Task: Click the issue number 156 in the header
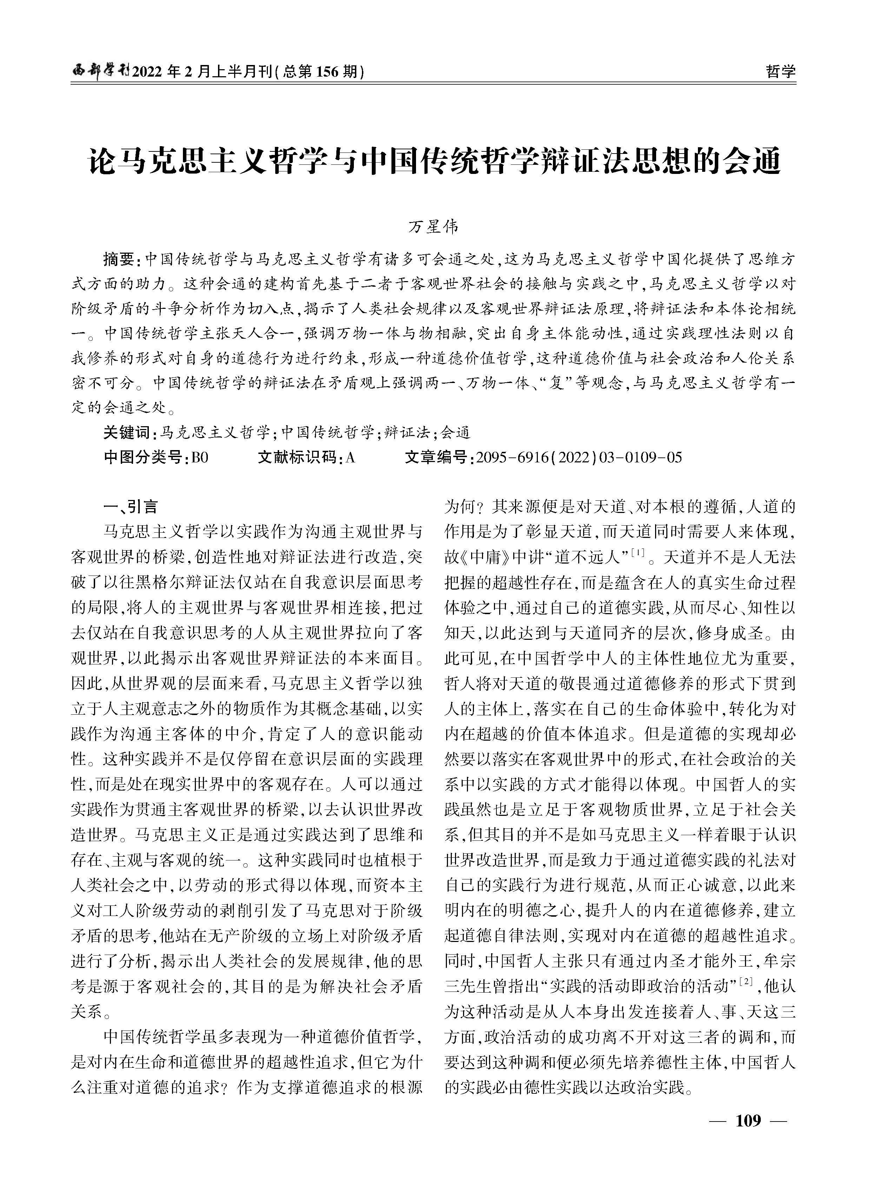(x=331, y=71)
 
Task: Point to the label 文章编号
(x=439, y=457)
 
